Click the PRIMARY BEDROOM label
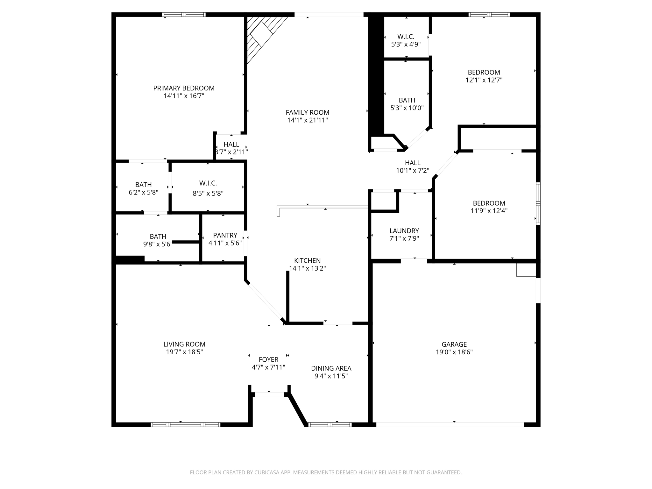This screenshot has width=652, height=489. coord(184,88)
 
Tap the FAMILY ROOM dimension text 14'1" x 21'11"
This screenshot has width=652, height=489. coord(307,120)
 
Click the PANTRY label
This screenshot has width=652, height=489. coord(225,235)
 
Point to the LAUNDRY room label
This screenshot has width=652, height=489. coord(404,231)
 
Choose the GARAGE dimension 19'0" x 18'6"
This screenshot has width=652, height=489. coord(454,352)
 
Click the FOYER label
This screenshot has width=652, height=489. coord(268,360)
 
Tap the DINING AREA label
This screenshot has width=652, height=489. coord(331,368)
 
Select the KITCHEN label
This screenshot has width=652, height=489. coord(307,261)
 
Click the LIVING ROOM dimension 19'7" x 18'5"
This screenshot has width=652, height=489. coord(184,352)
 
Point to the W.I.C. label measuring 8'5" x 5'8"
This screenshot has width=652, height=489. coord(208,183)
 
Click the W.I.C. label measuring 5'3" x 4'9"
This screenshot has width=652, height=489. coord(406,37)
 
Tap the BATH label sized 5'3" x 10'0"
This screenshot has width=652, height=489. coord(407,100)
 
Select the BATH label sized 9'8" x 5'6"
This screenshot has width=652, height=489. coord(158,237)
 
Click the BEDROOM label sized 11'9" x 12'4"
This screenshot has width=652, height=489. coord(489,203)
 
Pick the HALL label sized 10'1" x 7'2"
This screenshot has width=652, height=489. coord(413,163)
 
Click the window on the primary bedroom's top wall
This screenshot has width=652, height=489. coord(184,15)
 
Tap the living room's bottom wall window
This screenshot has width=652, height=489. coord(185,424)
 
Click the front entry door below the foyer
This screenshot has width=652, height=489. coord(269,394)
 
